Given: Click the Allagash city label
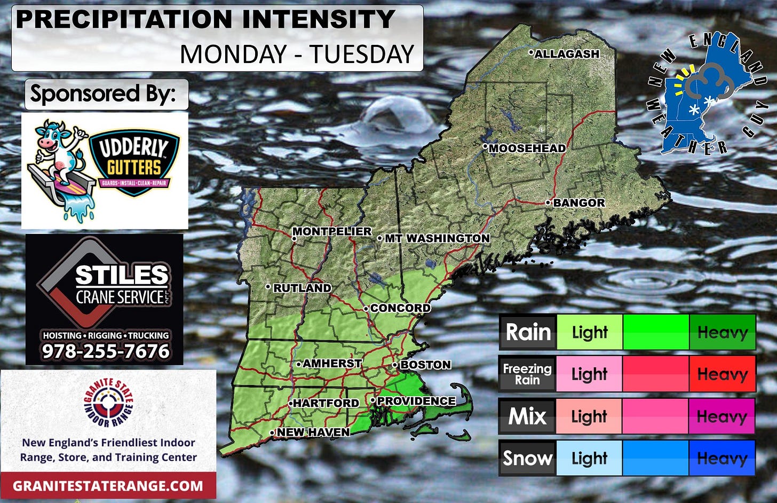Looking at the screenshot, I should (x=567, y=54).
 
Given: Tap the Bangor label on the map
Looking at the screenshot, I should (x=578, y=203).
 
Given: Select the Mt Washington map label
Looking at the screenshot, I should (x=437, y=238).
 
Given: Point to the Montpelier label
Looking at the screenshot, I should (x=332, y=231).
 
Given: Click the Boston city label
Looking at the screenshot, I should (x=425, y=365).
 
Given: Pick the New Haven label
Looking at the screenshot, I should (x=313, y=432).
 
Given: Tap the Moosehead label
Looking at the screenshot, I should (x=527, y=148).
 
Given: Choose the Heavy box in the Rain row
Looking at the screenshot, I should (x=722, y=332).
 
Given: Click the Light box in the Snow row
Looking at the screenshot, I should (x=589, y=458).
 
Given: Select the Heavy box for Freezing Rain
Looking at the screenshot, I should (x=722, y=374).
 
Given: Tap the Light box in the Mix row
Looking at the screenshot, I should (x=589, y=416).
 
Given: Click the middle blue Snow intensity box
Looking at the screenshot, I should (x=655, y=458).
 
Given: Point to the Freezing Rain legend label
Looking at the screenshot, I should (x=527, y=374).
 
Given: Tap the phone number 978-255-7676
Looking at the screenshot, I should (x=106, y=351).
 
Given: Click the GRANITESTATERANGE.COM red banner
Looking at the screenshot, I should (x=108, y=486).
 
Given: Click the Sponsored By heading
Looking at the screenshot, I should (x=103, y=94).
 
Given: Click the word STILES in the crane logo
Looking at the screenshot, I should (x=122, y=276).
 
